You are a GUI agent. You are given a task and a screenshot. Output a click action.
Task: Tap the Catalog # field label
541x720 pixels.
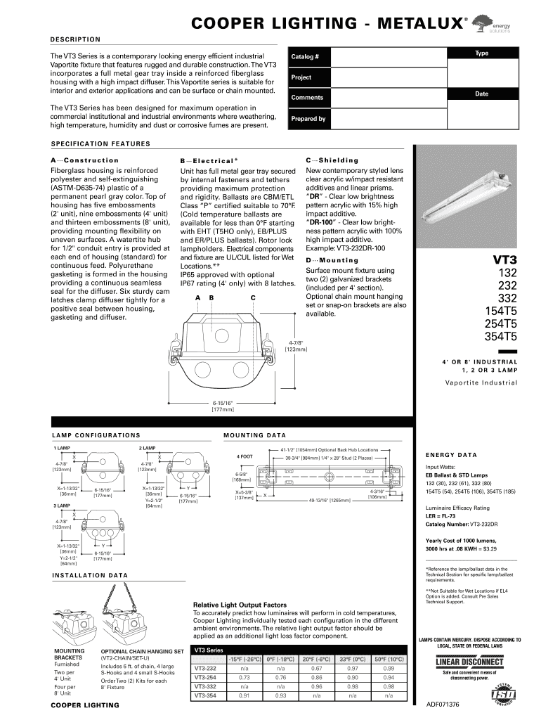306,56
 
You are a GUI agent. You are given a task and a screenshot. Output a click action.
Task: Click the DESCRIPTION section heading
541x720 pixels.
74,39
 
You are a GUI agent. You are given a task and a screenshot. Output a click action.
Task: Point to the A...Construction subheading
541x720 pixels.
85,160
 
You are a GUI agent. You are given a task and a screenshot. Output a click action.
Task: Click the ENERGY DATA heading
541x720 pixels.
446,455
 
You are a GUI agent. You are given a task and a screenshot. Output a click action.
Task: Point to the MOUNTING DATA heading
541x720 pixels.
254,436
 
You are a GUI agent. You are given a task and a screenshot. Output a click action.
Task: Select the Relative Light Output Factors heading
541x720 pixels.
240,605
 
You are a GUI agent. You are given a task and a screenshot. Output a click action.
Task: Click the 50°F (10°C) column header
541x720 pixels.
389,659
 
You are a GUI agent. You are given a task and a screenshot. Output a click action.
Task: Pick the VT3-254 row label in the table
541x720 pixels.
205,677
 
